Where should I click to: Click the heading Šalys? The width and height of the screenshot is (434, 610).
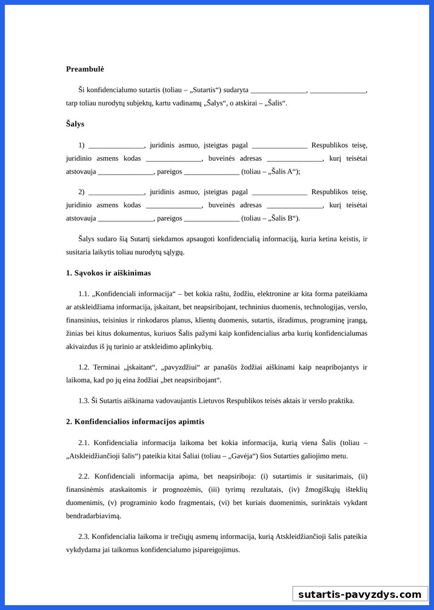pos(75,124)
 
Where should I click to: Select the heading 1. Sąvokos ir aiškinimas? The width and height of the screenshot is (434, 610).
pos(109,273)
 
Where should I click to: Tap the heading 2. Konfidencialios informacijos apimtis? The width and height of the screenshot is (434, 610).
pos(135,421)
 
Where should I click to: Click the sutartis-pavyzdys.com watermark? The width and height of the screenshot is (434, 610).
pos(359,594)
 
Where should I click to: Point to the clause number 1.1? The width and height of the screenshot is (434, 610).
pos(84,293)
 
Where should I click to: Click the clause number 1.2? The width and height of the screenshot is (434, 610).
pos(84,367)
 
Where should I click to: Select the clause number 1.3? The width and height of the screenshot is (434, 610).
pos(84,400)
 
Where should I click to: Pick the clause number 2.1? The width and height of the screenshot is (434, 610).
pos(84,443)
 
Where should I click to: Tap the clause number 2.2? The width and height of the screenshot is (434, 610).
pos(84,476)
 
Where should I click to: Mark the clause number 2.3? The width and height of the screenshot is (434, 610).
pos(84,536)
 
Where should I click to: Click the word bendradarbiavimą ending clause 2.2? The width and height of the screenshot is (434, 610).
pos(93,516)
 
